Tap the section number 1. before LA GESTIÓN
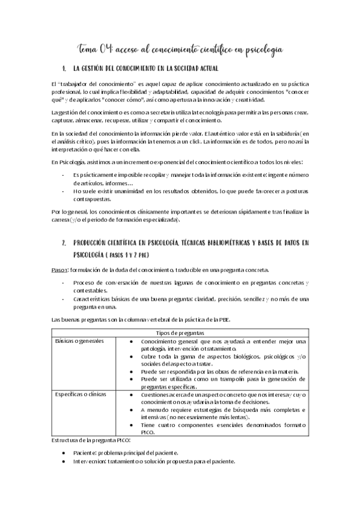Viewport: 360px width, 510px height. [x=65, y=69]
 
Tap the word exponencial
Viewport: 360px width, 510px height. [x=158, y=162]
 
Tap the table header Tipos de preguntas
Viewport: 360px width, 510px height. [x=180, y=333]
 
